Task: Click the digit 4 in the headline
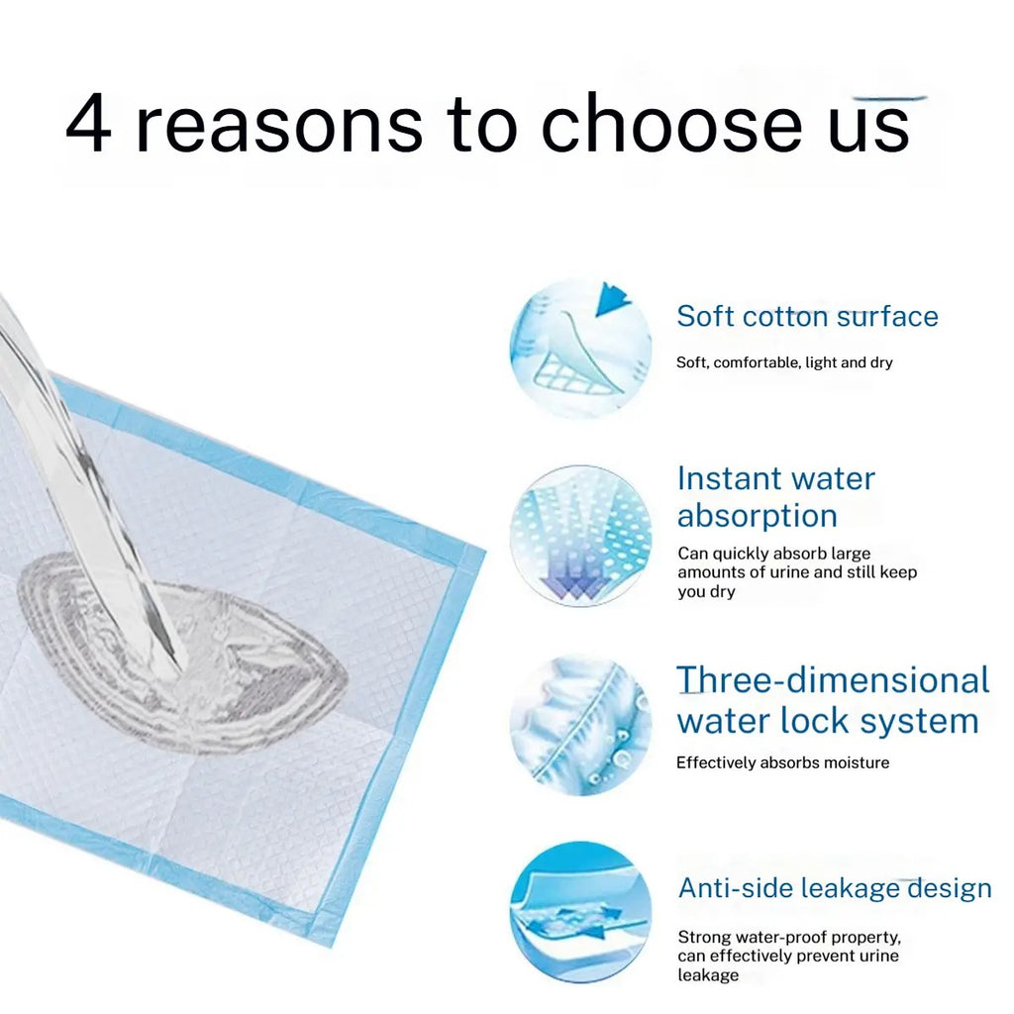88,126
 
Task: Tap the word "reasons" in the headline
278,126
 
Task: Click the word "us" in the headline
868,128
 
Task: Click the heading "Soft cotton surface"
807,317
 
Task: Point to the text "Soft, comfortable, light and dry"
784,362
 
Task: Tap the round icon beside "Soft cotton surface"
580,347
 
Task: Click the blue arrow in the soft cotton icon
615,298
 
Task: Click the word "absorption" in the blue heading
758,516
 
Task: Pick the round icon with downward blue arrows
580,536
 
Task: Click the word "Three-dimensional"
833,681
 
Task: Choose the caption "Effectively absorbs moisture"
782,762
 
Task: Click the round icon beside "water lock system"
580,725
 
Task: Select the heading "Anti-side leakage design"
835,888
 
